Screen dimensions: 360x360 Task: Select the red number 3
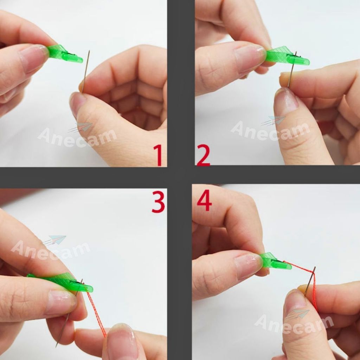[158, 202]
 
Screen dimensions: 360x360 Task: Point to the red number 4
[204, 200]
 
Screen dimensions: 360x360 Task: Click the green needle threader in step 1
[65, 54]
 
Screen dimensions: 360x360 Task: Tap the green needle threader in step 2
[287, 56]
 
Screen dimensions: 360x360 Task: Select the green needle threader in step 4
[275, 261]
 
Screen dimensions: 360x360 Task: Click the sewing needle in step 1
[85, 71]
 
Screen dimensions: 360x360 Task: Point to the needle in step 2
[292, 69]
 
